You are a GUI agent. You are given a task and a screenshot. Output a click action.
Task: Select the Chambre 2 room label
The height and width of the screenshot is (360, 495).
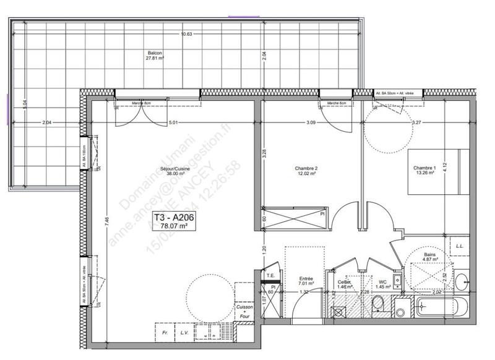click(306, 171)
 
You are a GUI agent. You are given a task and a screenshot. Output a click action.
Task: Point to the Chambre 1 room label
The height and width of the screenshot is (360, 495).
click(425, 170)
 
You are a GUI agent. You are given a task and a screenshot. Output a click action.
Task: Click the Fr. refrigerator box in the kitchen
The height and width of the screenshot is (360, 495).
click(165, 332)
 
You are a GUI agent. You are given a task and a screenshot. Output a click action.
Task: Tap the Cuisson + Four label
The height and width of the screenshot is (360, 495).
click(244, 311)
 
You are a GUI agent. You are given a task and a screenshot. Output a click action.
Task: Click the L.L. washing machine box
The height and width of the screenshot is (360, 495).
click(460, 246)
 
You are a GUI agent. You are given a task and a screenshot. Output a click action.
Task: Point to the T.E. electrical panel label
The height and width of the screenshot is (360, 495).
click(270, 276)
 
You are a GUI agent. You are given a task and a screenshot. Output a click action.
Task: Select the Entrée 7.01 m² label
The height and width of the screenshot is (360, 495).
click(306, 281)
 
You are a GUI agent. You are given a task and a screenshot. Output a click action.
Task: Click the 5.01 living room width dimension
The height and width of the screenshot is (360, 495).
click(173, 122)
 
